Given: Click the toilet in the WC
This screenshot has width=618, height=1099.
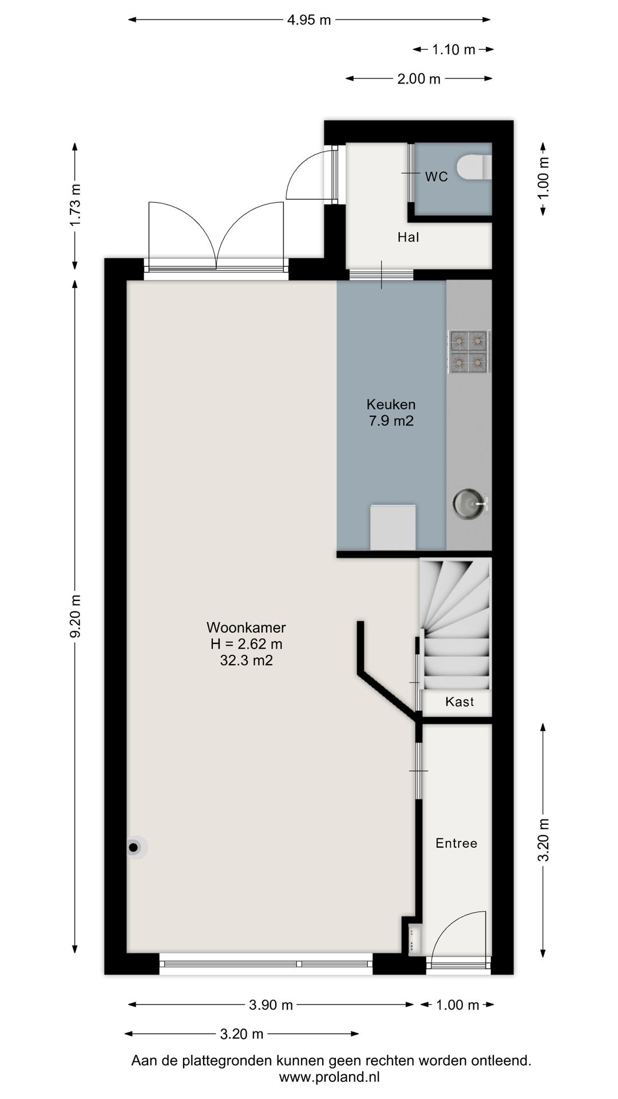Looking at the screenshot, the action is coord(475,167).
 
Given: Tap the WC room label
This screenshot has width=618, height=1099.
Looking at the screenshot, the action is coord(436,177).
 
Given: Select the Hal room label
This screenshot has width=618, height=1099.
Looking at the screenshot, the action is coord(408,237).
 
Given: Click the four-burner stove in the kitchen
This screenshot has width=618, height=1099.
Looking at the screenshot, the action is coord(468,352).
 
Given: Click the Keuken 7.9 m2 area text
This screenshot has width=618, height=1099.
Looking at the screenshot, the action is coord(391,413).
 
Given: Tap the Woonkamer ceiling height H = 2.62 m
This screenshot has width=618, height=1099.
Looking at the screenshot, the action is coord(246,644).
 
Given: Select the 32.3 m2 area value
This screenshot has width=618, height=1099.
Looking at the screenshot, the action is coord(246,661).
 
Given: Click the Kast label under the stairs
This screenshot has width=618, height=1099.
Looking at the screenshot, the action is coord(459,702).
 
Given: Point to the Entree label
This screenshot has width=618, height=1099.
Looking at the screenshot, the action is coord(456,843).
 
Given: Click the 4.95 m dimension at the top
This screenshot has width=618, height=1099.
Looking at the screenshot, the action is coord(309,20).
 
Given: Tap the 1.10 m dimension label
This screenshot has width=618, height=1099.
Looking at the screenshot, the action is coord(453,50).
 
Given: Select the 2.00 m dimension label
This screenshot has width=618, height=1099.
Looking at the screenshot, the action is coord(419,79).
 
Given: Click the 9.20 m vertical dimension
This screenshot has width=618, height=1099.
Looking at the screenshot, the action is coord(75,619).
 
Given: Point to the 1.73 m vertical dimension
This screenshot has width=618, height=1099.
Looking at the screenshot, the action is coord(75,205).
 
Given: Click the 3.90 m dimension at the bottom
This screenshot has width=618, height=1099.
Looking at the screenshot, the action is coord(271,1005).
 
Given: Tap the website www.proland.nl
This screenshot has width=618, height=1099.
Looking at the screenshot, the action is coord(330,1077).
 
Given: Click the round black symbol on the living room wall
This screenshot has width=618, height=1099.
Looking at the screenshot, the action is coord(134,848).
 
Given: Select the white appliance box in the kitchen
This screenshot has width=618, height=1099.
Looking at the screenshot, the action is coord(393,527).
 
